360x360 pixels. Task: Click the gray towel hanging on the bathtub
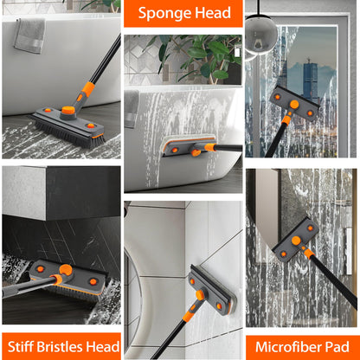pyautogui.click(x=30, y=35)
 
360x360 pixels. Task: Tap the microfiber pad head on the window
pyautogui.click(x=293, y=106)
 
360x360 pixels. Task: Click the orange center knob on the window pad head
pyautogui.click(x=294, y=105)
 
